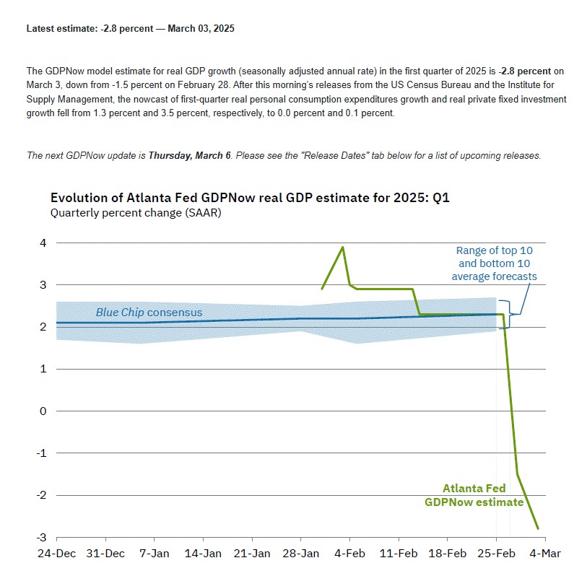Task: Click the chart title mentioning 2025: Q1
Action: pyautogui.click(x=250, y=197)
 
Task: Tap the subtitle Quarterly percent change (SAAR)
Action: pyautogui.click(x=136, y=213)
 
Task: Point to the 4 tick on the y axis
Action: pyautogui.click(x=43, y=243)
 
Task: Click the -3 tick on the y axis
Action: pyautogui.click(x=43, y=537)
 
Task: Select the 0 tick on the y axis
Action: pyautogui.click(x=43, y=411)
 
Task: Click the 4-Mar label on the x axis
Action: pyautogui.click(x=545, y=553)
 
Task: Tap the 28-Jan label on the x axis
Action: pyautogui.click(x=300, y=553)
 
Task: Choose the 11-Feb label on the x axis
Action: pyautogui.click(x=398, y=553)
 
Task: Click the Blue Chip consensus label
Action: pyautogui.click(x=149, y=313)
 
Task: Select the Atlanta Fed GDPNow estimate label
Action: pyautogui.click(x=473, y=494)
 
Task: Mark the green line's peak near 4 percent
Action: pyautogui.click(x=342, y=248)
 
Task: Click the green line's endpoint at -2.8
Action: pyautogui.click(x=538, y=528)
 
